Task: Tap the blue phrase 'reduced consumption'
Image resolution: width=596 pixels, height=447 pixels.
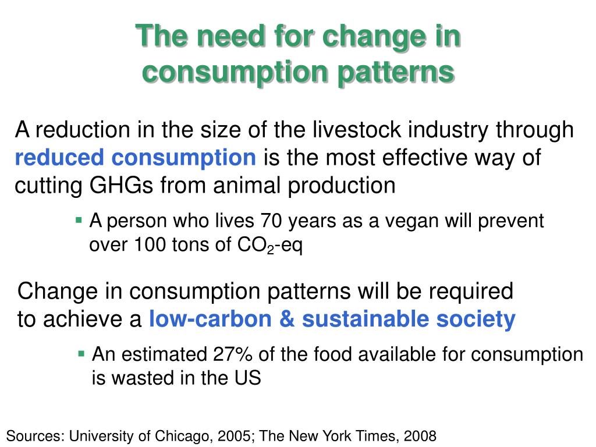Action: click(135, 157)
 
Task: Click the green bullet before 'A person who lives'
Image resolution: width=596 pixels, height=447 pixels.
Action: click(79, 220)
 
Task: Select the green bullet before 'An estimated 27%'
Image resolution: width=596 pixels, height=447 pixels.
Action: click(81, 353)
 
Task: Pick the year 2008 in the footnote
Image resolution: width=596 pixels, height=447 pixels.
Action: click(419, 435)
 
